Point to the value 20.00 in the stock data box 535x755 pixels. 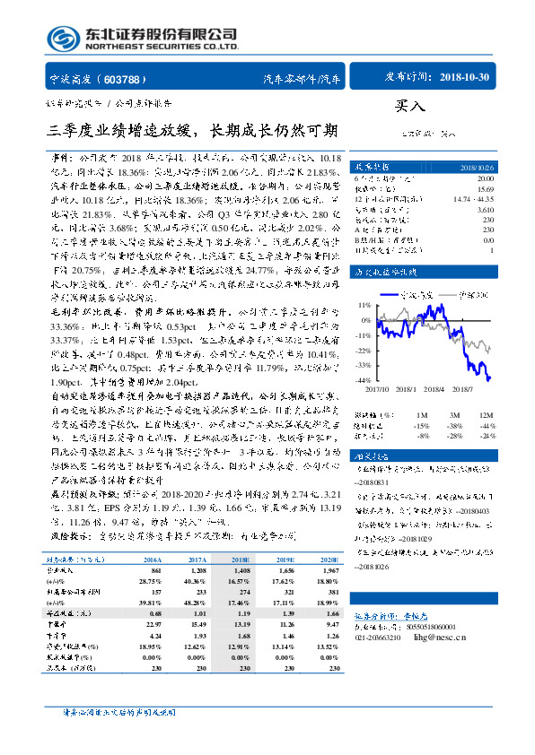pyautogui.click(x=485, y=178)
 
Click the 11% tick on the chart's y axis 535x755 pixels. pyautogui.click(x=364, y=304)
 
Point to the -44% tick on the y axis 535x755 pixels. pyautogui.click(x=363, y=380)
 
